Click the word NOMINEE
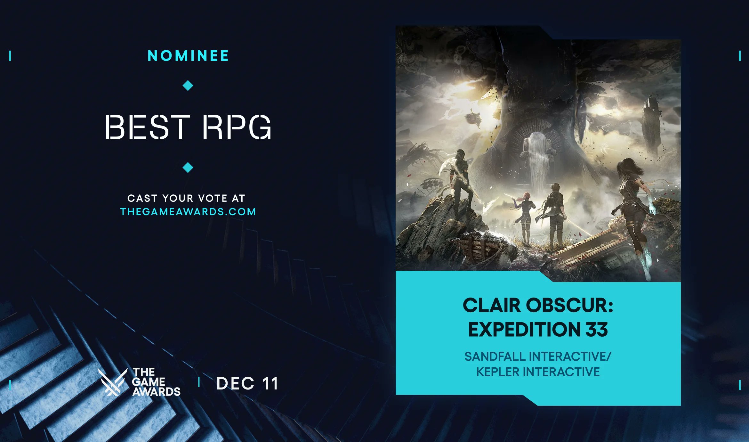click(x=188, y=56)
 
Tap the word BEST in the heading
click(x=147, y=127)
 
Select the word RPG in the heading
click(x=237, y=127)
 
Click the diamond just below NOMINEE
click(x=188, y=86)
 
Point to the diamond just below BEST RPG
click(x=188, y=167)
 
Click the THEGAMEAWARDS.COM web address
click(x=188, y=212)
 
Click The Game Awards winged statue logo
click(x=112, y=382)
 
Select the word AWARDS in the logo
click(x=156, y=392)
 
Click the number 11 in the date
click(x=270, y=383)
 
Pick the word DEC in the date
click(x=236, y=383)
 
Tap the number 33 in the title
click(x=597, y=330)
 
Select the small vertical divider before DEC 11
click(x=199, y=382)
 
